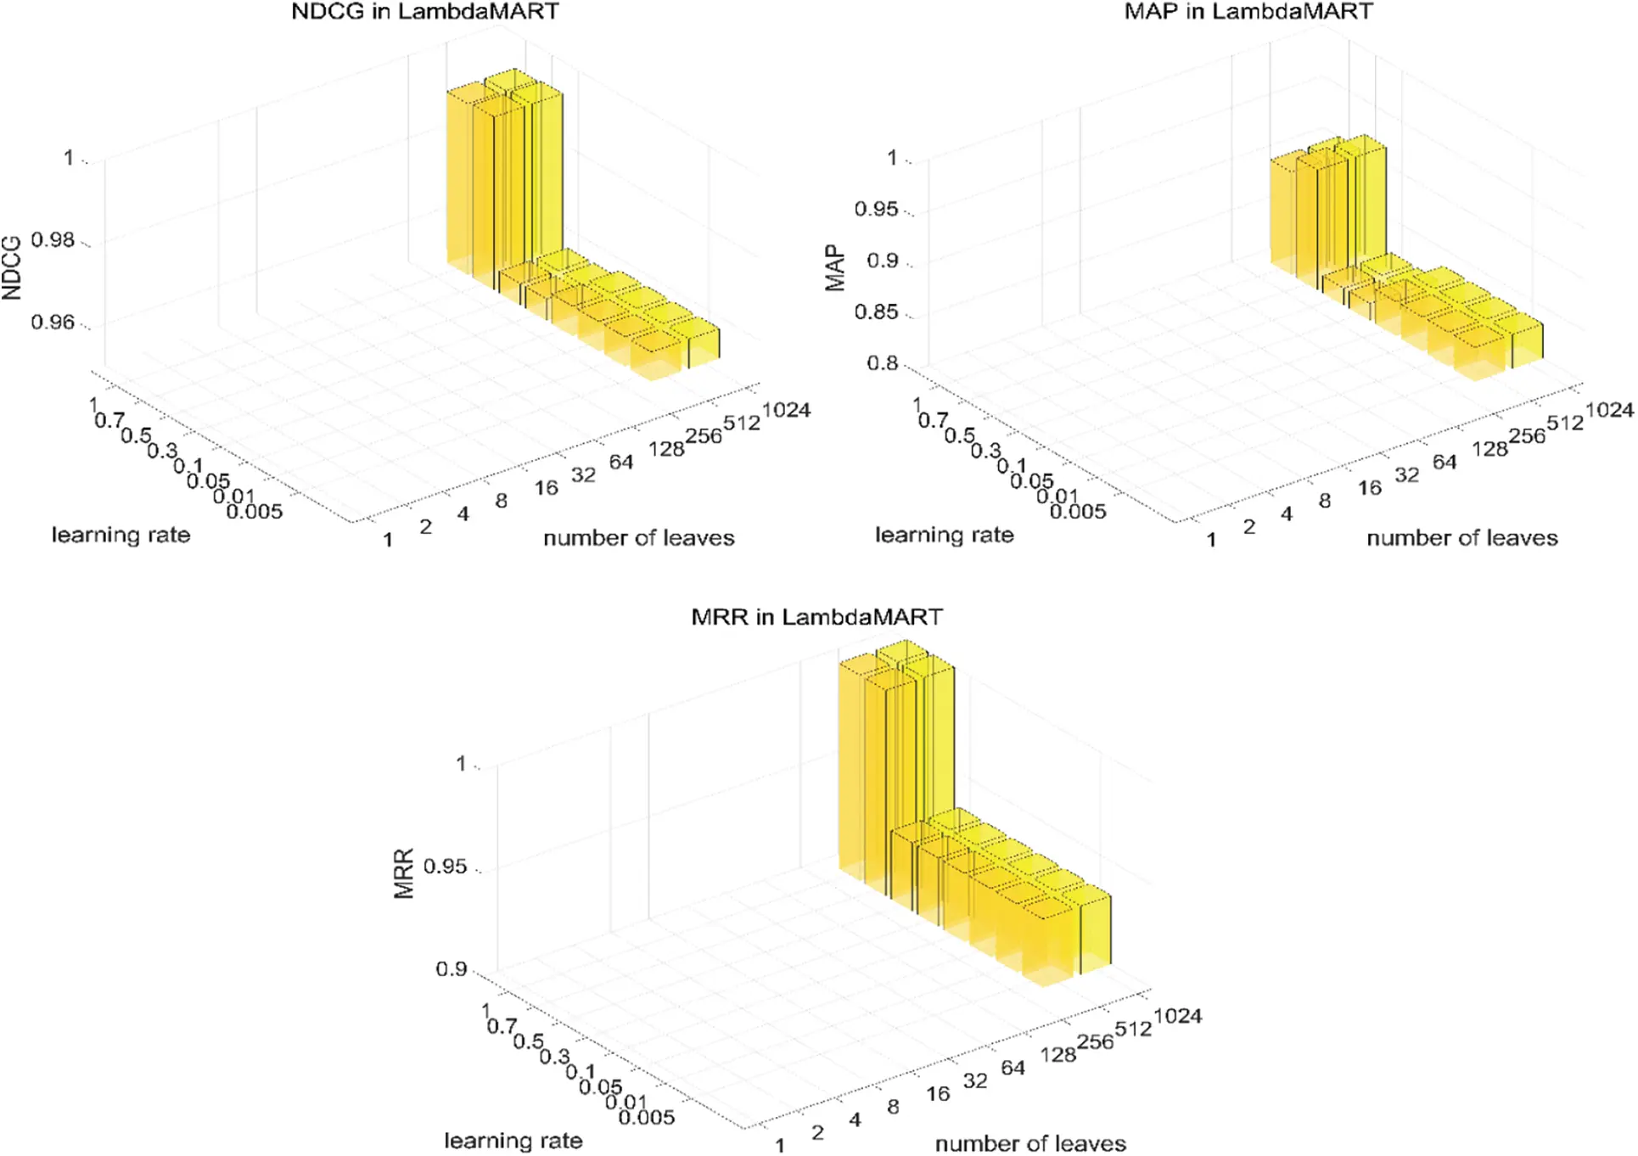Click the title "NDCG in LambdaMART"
pos(425,12)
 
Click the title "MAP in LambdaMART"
pos(1248,12)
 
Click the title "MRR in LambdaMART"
pos(816,617)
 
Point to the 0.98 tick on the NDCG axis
pos(53,240)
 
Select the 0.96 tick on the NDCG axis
pos(53,323)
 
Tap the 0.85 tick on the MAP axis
pos(876,312)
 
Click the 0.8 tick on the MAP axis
pos(882,363)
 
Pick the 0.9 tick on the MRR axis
pos(451,969)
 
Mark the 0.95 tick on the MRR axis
pos(445,867)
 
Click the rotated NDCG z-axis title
pos(12,267)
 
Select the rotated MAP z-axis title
pos(835,268)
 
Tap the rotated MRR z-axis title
pos(404,873)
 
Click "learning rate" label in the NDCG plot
pos(121,535)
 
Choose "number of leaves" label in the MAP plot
pos(1461,538)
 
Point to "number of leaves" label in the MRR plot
pos(1030,1143)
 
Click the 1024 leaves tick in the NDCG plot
pos(786,411)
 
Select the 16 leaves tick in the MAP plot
pos(1369,488)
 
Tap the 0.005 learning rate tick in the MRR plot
pos(647,1117)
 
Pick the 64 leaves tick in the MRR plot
pos(1013,1068)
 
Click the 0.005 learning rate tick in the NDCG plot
pos(255,511)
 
